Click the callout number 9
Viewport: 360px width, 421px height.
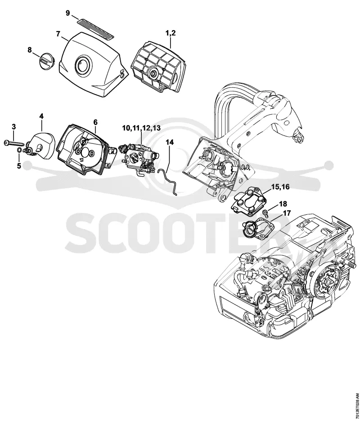click(x=68, y=13)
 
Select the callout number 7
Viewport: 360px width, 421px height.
click(x=58, y=34)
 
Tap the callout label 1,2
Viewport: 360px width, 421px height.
click(x=171, y=33)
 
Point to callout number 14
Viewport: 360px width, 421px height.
click(x=169, y=142)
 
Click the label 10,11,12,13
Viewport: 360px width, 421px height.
click(x=141, y=128)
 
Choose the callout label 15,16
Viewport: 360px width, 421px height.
click(x=281, y=186)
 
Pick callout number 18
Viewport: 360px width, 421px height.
click(x=283, y=204)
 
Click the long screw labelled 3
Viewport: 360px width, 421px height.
click(x=14, y=144)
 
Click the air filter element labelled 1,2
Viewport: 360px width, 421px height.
click(x=154, y=67)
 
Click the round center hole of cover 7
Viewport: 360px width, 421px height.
click(x=84, y=64)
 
